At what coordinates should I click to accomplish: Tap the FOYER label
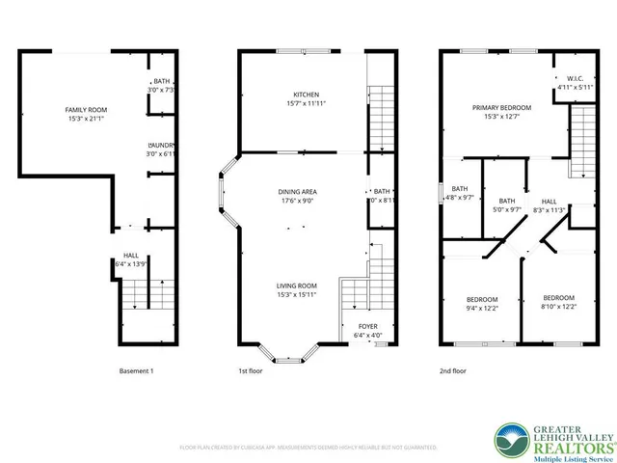pos(368,326)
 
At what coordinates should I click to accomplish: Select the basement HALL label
pos(130,256)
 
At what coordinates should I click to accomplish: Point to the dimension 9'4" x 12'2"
pos(482,308)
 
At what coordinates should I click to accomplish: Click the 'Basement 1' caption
pos(136,371)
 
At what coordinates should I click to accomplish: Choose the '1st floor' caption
pos(251,371)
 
